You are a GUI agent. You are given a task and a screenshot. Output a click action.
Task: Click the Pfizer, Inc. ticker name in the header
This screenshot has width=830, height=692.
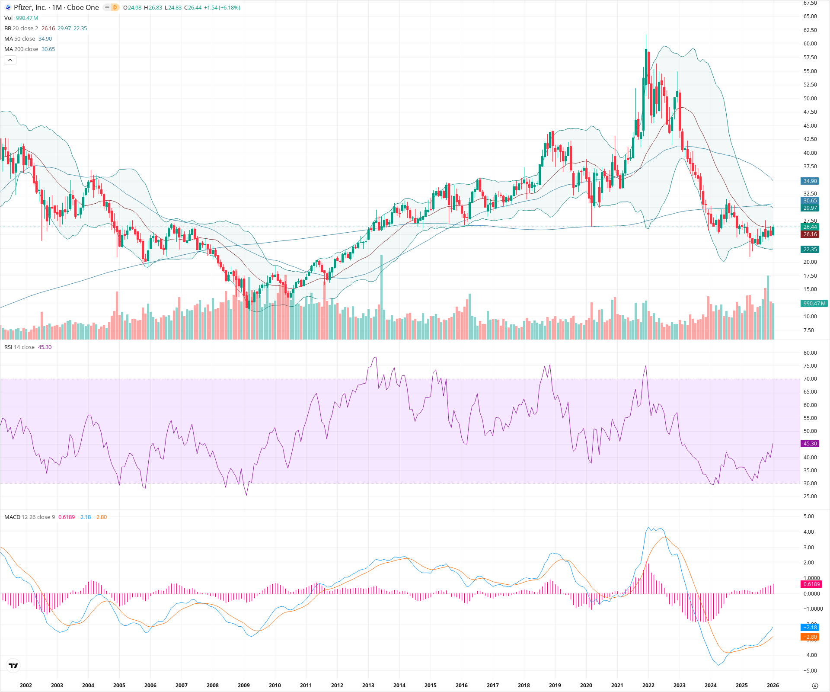[x=30, y=7]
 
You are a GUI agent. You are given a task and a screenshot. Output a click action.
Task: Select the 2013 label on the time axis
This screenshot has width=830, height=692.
[x=368, y=685]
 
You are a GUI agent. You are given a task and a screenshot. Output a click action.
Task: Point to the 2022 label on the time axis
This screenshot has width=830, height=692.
[x=648, y=685]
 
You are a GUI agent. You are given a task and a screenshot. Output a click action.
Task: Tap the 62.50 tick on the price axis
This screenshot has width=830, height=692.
[x=810, y=30]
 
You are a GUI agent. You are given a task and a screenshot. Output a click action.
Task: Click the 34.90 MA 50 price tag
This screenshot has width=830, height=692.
[x=810, y=181]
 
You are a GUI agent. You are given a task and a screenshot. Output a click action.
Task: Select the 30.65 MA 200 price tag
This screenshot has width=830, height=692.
[x=810, y=201]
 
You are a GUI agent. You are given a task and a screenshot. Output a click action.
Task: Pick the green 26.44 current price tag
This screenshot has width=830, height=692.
[x=810, y=227]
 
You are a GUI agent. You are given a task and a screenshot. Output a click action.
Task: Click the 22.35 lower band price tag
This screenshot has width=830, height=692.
[x=810, y=250]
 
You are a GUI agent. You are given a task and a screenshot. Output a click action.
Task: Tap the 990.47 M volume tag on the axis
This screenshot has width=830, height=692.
[x=814, y=304]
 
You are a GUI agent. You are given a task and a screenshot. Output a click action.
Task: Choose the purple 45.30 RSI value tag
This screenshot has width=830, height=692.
[x=810, y=444]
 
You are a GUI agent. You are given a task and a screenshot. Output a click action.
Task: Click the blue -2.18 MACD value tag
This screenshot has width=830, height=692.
[x=810, y=628]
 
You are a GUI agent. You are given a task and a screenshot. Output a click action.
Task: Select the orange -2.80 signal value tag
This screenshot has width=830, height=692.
[x=810, y=637]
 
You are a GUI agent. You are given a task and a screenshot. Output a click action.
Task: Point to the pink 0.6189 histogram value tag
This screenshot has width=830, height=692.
[x=811, y=584]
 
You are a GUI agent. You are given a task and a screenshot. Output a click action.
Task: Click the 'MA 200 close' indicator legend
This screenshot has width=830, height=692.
[x=21, y=49]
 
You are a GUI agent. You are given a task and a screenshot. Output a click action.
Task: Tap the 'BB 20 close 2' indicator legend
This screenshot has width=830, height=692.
[x=21, y=29]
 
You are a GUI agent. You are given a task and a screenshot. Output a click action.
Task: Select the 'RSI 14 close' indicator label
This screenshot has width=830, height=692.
[x=19, y=347]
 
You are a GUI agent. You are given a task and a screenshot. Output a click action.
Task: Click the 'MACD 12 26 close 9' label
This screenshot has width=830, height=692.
[x=29, y=517]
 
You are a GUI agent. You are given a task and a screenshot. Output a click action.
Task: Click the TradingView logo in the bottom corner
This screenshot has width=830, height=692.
[x=13, y=666]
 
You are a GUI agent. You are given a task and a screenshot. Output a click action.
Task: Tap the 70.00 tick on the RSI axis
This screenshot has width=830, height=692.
[x=810, y=379]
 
